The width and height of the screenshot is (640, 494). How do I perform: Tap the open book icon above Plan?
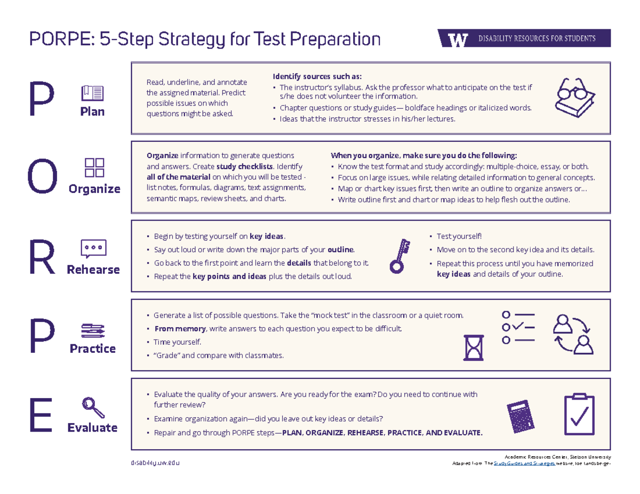(x=92, y=94)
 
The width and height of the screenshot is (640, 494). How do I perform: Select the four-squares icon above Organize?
(x=94, y=167)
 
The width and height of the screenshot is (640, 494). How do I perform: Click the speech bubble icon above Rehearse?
(x=93, y=248)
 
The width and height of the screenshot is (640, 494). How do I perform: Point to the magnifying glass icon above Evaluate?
(x=93, y=408)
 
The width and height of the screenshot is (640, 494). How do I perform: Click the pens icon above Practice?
(x=93, y=330)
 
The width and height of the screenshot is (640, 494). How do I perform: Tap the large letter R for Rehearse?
(x=42, y=257)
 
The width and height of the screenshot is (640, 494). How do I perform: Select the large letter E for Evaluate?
(x=41, y=416)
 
